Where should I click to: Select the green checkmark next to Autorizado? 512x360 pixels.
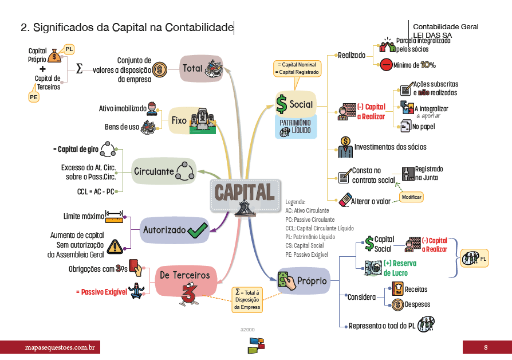197,230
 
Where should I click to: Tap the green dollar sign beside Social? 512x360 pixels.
282,104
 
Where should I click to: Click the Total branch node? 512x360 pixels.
200,68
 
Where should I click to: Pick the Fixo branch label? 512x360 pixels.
179,120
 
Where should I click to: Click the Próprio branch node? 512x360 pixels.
303,280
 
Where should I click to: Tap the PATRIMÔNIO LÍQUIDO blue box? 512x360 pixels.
296,127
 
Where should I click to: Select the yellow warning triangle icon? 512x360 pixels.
115,247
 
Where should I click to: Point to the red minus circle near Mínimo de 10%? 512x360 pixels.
385,65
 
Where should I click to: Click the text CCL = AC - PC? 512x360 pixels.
96,191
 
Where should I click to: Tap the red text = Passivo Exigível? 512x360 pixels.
101,292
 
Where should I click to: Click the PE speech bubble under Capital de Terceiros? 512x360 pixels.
34,97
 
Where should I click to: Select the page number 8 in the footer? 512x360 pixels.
486,347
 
